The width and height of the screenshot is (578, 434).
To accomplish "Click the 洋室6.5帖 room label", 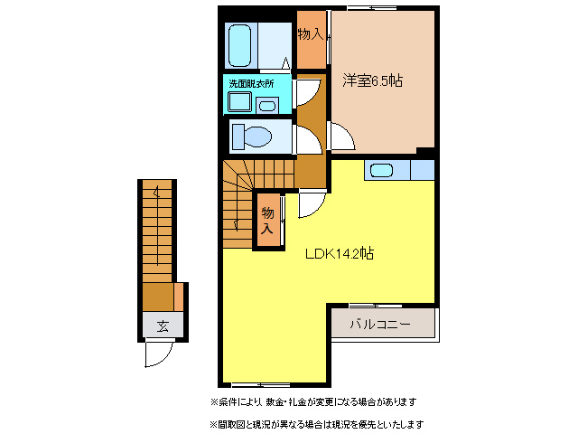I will coord(372,80).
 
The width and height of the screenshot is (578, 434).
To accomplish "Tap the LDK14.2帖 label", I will coord(339,254).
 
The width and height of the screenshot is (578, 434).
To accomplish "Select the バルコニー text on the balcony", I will coord(381,324).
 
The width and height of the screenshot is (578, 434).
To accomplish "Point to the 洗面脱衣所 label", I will coord(252,84).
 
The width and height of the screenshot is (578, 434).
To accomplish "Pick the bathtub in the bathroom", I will coord(240,44).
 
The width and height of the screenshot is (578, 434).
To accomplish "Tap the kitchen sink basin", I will coord(381,169).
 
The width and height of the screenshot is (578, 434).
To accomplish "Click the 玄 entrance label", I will coord(163,325).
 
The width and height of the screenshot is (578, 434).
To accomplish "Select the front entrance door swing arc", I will coord(154,356).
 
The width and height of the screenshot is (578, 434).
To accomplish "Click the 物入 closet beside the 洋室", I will coord(311,37).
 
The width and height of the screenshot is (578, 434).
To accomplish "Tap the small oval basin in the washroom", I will coord(267,106).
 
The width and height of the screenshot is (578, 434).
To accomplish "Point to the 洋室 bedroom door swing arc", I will coord(341,138).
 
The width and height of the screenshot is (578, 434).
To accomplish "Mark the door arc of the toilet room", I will coord(306,137).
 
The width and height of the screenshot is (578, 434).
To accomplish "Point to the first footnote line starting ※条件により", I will coord(313,401).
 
